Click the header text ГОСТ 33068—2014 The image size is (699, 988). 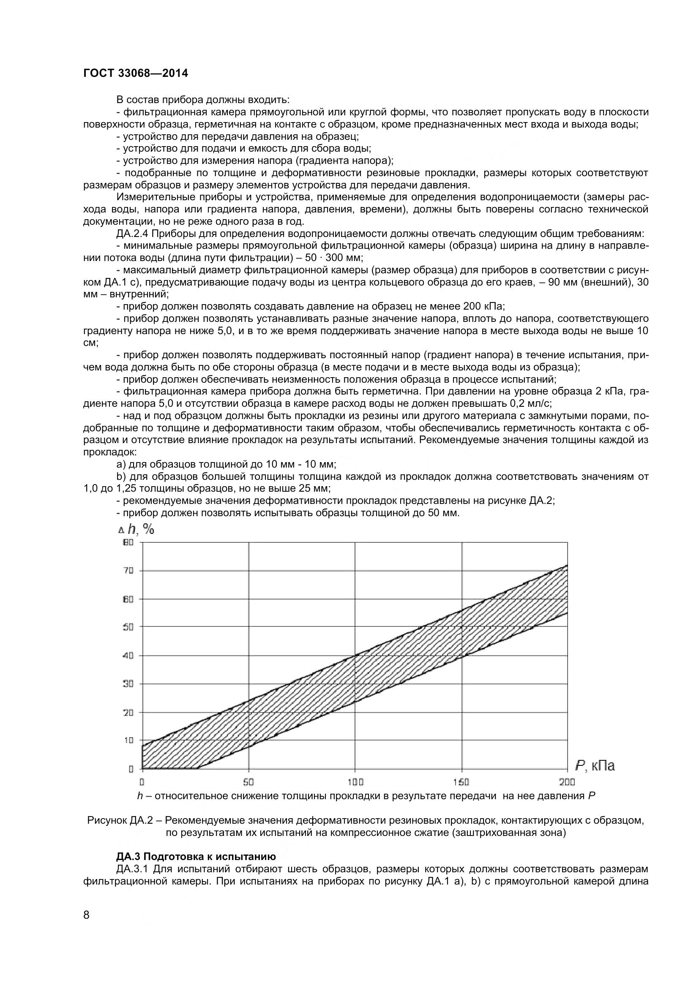[136, 73]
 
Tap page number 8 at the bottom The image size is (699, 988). [87, 926]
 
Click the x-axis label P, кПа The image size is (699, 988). [595, 765]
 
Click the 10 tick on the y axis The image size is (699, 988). [129, 740]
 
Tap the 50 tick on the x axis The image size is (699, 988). [248, 782]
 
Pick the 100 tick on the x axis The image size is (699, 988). [355, 782]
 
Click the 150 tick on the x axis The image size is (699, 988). [462, 782]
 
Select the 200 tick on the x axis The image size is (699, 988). [568, 782]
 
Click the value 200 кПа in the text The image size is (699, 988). [483, 306]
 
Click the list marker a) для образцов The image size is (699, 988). [121, 464]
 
